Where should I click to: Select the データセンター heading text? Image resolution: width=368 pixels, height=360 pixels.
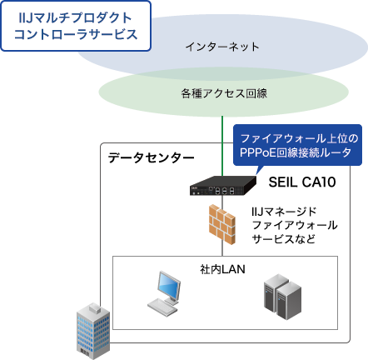coord(151,157)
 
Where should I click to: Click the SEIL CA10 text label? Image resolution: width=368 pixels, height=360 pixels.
coord(301,181)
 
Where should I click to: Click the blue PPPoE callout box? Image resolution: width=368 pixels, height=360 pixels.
coord(298,144)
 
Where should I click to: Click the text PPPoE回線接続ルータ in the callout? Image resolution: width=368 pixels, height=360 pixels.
coord(298,152)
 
